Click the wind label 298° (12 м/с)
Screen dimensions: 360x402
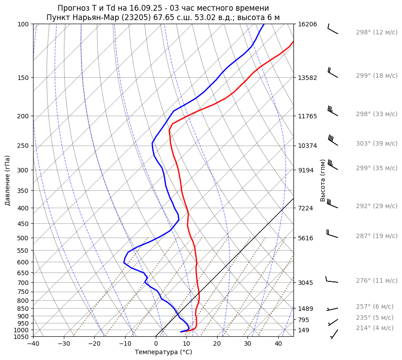pyautogui.click(x=377, y=33)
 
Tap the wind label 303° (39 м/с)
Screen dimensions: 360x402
pyautogui.click(x=377, y=144)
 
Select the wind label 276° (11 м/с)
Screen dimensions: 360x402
pyautogui.click(x=377, y=281)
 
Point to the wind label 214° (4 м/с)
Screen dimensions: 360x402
pyautogui.click(x=375, y=328)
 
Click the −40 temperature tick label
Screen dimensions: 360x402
pyautogui.click(x=33, y=344)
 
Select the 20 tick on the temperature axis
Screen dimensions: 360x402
pyautogui.click(x=217, y=344)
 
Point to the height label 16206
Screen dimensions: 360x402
pyautogui.click(x=307, y=24)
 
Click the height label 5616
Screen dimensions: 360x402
pyautogui.click(x=306, y=238)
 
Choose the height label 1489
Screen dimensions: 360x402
pyautogui.click(x=306, y=309)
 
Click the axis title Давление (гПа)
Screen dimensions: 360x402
pyautogui.click(x=8, y=180)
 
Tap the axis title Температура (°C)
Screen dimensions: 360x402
pyautogui.click(x=163, y=352)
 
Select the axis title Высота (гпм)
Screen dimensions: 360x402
pyautogui.click(x=322, y=180)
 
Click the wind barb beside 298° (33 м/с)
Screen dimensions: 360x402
pyautogui.click(x=332, y=110)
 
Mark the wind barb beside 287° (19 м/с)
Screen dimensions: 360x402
pyautogui.click(x=332, y=234)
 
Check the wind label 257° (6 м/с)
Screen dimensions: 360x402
pyautogui.click(x=375, y=307)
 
